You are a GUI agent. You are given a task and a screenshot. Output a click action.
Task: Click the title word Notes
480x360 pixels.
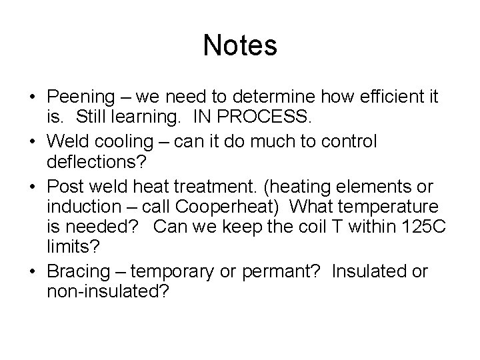point(239,45)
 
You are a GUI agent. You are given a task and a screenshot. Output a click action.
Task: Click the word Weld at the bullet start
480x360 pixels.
point(65,142)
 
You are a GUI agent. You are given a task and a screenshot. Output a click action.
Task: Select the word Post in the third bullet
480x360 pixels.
point(63,185)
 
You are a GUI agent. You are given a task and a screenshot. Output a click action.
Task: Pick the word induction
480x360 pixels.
point(80,207)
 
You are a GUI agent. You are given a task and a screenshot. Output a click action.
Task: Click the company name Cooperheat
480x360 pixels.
point(217,207)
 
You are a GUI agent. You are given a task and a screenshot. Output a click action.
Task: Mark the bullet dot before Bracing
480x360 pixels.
point(33,272)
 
